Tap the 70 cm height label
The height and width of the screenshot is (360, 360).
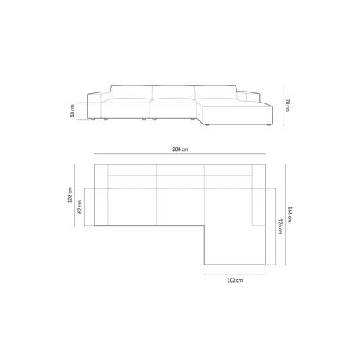(x=289, y=104)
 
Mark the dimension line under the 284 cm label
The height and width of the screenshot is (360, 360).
(x=179, y=157)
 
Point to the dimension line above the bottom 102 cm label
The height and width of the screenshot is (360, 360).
(x=235, y=274)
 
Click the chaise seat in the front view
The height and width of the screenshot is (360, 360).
(x=235, y=112)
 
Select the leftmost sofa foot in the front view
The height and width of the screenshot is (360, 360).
(x=95, y=122)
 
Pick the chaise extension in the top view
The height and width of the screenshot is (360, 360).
(x=235, y=235)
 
